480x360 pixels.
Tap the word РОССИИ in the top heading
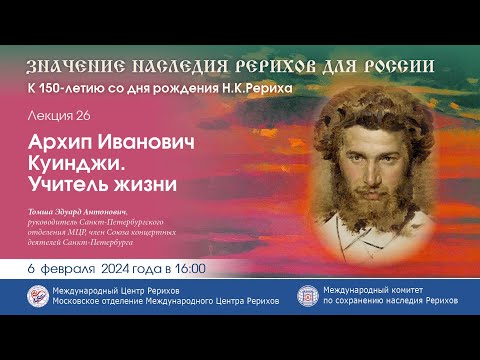coord(399,66)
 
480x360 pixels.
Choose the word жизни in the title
coord(150,185)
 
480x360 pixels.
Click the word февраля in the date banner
coord(74,268)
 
